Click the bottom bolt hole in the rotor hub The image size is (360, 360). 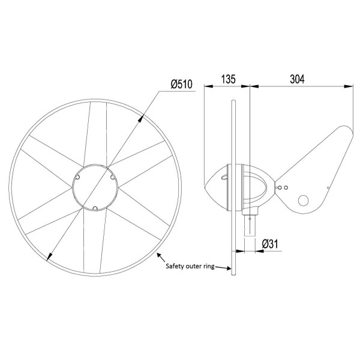94,208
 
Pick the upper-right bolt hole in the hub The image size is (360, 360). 112,177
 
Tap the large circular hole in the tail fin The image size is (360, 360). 305,200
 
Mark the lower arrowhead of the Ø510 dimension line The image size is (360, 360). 49,259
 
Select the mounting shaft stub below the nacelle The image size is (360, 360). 250,225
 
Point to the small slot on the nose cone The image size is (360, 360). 223,176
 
